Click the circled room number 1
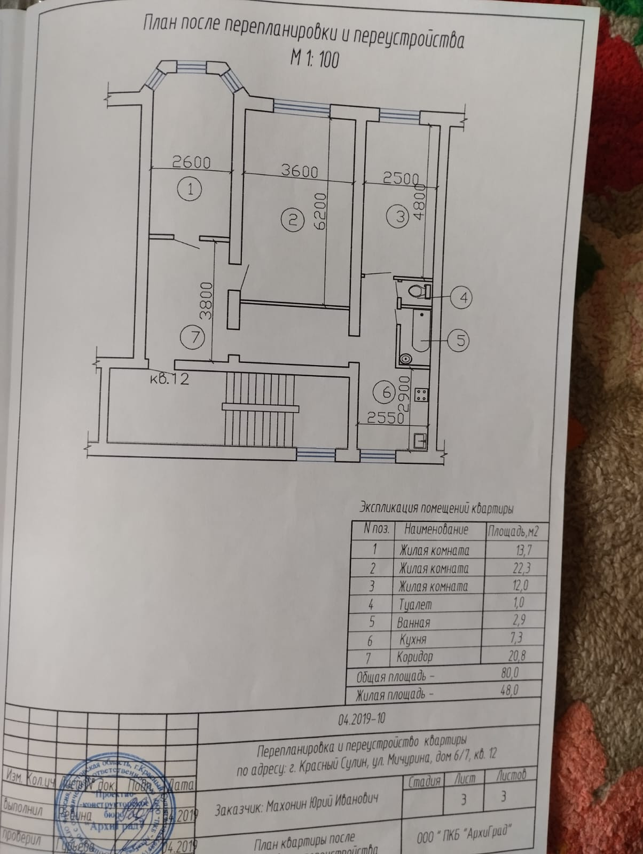tap(190, 189)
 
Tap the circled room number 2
tap(292, 219)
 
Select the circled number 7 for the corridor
tap(191, 337)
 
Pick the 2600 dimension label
tap(191, 161)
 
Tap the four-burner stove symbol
tap(421, 395)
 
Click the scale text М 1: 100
tap(314, 59)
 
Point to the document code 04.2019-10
tap(362, 718)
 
